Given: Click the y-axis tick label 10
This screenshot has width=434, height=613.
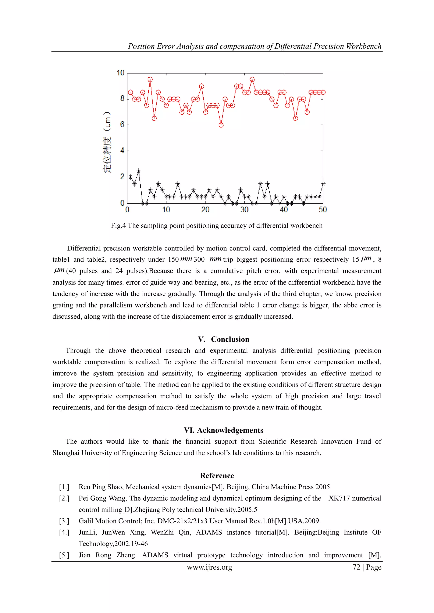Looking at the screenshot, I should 121,73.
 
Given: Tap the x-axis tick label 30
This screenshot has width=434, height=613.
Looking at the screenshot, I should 244,210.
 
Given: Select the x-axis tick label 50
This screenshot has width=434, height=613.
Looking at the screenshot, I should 323,210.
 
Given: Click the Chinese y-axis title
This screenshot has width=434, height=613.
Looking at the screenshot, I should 107,142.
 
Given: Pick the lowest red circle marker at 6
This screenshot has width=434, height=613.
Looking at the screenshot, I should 221,125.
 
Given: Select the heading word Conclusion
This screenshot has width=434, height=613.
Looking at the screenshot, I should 230,339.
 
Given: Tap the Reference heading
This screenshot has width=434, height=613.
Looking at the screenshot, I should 217,476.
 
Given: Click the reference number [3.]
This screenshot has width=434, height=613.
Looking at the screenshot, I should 64,521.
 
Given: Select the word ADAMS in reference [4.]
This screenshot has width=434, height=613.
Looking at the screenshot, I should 209,532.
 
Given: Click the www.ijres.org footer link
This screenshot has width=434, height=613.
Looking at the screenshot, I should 209,567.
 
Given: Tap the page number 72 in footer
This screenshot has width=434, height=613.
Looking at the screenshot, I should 356,567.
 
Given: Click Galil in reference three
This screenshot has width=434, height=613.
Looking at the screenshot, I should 86,521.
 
